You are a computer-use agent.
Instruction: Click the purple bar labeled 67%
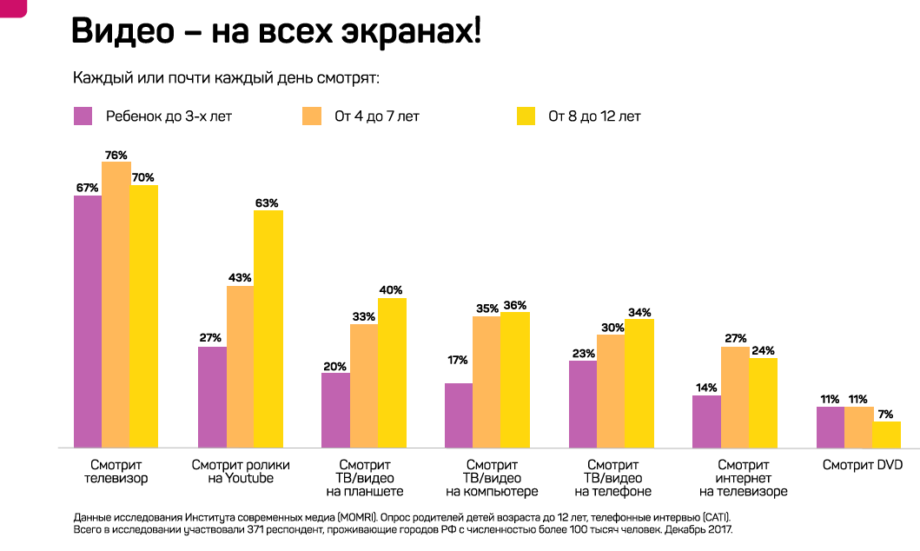pos(88,321)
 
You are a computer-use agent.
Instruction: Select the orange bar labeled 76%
pos(116,304)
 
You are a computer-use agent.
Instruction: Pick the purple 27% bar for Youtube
pos(212,397)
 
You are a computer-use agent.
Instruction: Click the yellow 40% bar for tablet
pos(393,373)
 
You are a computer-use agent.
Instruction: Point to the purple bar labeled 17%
pos(459,415)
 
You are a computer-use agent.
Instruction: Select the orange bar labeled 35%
pos(486,382)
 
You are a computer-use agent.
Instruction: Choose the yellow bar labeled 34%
pos(639,383)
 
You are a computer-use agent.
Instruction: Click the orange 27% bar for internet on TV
pos(735,397)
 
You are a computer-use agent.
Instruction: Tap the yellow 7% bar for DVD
pos(887,435)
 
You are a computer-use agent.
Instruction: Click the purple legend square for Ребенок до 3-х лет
pos(83,116)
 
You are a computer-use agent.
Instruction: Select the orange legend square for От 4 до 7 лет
pos(312,116)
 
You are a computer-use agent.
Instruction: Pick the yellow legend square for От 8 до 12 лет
pos(526,116)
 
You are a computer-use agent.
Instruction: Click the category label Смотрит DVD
pos(863,465)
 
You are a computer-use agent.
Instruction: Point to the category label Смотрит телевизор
pos(116,472)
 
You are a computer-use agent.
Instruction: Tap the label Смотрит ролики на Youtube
pos(241,472)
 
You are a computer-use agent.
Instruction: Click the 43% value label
pos(240,278)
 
